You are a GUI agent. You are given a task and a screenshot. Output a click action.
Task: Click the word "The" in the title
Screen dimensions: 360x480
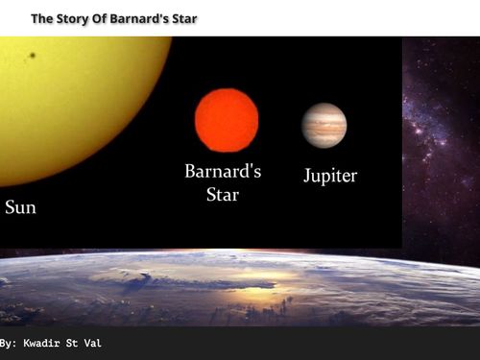pyautogui.click(x=42, y=18)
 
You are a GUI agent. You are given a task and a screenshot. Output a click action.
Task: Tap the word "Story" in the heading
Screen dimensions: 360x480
pyautogui.click(x=73, y=18)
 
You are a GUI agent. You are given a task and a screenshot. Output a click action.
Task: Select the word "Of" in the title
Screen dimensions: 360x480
pyautogui.click(x=103, y=18)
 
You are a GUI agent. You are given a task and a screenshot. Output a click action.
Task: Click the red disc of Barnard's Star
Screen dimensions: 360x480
pyautogui.click(x=227, y=120)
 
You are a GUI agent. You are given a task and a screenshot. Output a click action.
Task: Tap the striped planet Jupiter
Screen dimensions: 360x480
pyautogui.click(x=324, y=125)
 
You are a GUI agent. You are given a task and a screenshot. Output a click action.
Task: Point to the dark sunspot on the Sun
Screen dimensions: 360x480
pyautogui.click(x=33, y=55)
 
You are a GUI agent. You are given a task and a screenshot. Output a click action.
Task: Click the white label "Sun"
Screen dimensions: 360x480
pyautogui.click(x=20, y=207)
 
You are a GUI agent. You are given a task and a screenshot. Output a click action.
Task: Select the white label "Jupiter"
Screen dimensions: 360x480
pyautogui.click(x=329, y=177)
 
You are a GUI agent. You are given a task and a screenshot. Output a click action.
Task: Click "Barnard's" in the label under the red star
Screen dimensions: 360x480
pyautogui.click(x=223, y=172)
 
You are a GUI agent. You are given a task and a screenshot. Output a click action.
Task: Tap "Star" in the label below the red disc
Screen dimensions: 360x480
pyautogui.click(x=223, y=195)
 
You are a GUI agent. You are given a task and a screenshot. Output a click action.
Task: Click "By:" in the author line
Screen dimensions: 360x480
pyautogui.click(x=8, y=343)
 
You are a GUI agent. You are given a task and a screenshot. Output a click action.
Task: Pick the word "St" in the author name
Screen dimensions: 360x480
pyautogui.click(x=76, y=343)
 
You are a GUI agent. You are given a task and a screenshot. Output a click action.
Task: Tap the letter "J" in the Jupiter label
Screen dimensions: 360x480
pyautogui.click(x=307, y=177)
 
